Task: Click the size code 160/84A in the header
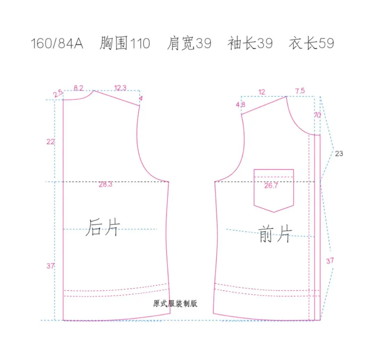pyautogui.click(x=57, y=44)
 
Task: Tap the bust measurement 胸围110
pyautogui.click(x=125, y=44)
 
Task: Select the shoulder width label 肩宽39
pyautogui.click(x=189, y=44)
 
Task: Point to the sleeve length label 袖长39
pyautogui.click(x=250, y=44)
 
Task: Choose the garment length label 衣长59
pyautogui.click(x=311, y=44)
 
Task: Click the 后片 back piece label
pyautogui.click(x=103, y=227)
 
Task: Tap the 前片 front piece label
pyautogui.click(x=275, y=233)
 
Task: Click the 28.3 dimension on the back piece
pyautogui.click(x=105, y=185)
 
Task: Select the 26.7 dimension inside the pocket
pyautogui.click(x=271, y=186)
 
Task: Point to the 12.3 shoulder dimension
pyautogui.click(x=120, y=88)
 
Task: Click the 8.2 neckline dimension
pyautogui.click(x=79, y=88)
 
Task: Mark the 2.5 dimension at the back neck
pyautogui.click(x=58, y=93)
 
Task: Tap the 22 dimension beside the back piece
pyautogui.click(x=50, y=142)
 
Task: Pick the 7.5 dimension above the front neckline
pyautogui.click(x=300, y=91)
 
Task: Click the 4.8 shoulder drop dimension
pyautogui.click(x=241, y=104)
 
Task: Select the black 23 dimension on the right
pyautogui.click(x=339, y=153)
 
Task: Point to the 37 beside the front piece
pyautogui.click(x=330, y=261)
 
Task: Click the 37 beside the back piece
pyautogui.click(x=50, y=266)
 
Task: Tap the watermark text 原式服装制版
pyautogui.click(x=175, y=303)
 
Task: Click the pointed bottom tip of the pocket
pyautogui.click(x=274, y=212)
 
